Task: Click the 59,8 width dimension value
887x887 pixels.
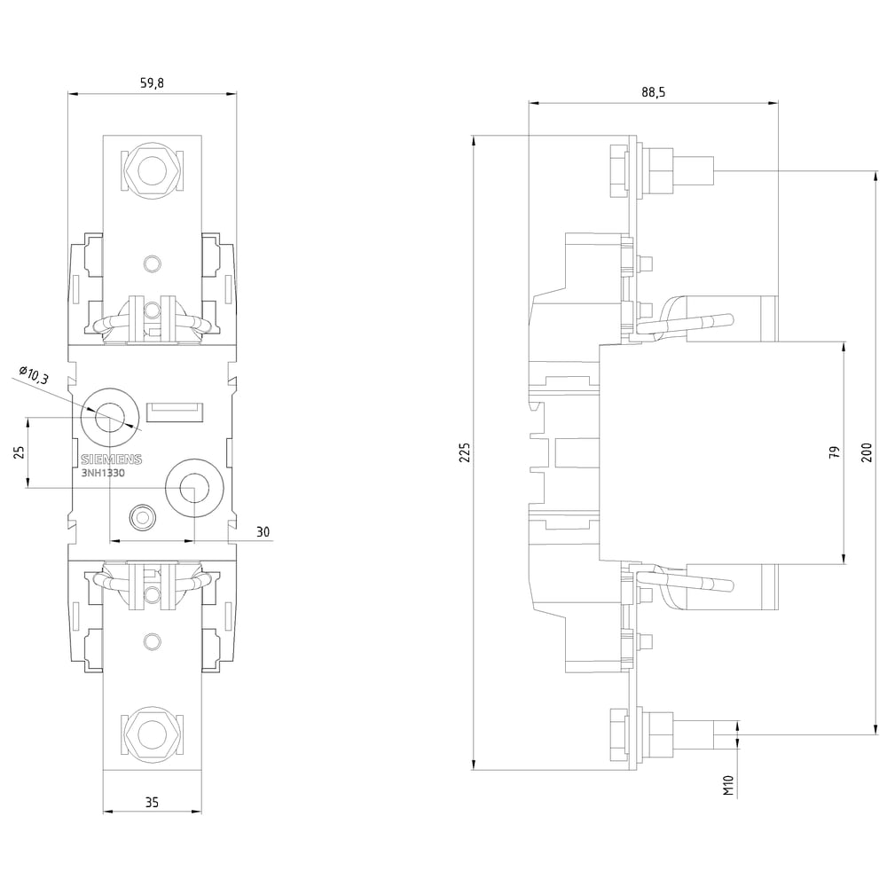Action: click(153, 83)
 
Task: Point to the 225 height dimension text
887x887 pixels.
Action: click(465, 452)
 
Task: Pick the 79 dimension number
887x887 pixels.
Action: click(834, 452)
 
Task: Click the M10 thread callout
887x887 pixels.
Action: click(727, 784)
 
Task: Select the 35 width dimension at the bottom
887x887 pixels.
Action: click(152, 802)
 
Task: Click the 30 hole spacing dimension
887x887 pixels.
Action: click(263, 531)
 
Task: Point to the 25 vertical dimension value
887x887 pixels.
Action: click(17, 451)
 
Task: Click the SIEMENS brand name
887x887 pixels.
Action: click(110, 459)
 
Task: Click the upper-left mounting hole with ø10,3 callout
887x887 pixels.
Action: click(110, 412)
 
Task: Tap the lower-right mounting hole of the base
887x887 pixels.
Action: click(192, 486)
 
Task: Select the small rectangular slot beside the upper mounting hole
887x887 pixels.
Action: click(177, 411)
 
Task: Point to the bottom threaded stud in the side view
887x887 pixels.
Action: click(695, 734)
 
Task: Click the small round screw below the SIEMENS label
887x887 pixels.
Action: click(141, 514)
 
